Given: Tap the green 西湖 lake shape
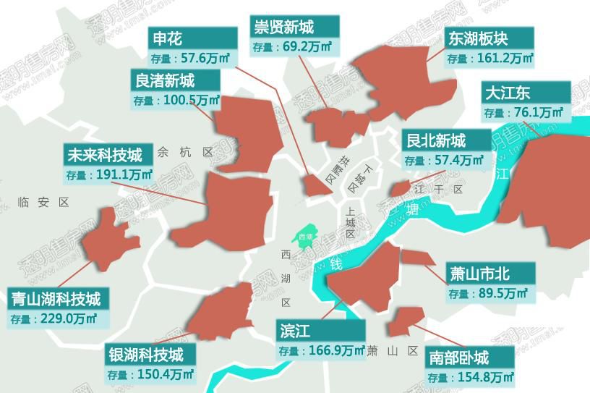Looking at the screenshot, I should pyautogui.click(x=304, y=235).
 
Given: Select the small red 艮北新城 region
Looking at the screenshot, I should pyautogui.click(x=399, y=189).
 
